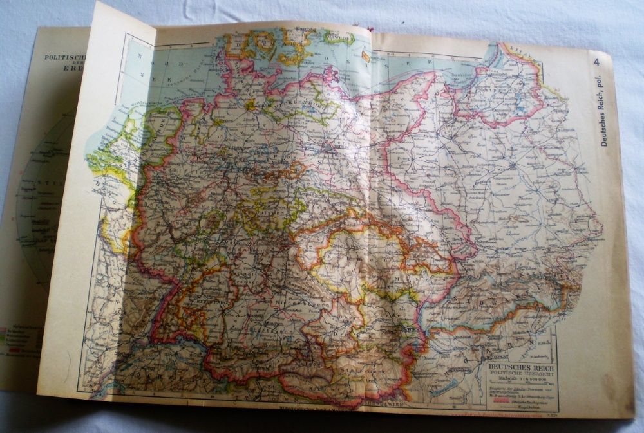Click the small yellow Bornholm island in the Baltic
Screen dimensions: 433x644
(x=365, y=56)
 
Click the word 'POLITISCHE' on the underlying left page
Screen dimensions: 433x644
(x=60, y=57)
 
